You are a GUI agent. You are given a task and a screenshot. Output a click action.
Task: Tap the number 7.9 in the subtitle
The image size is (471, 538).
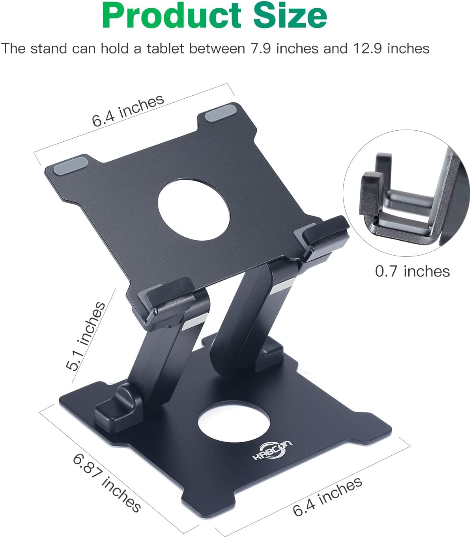tap(262, 48)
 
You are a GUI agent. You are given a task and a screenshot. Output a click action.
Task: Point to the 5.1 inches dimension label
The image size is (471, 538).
tap(86, 336)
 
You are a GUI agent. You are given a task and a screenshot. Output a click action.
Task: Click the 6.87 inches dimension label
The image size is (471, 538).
tap(107, 482)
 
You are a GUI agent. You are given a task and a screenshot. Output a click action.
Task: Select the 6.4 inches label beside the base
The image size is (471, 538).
tap(327, 497)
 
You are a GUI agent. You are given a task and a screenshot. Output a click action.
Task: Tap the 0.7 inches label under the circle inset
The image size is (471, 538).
tap(412, 271)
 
